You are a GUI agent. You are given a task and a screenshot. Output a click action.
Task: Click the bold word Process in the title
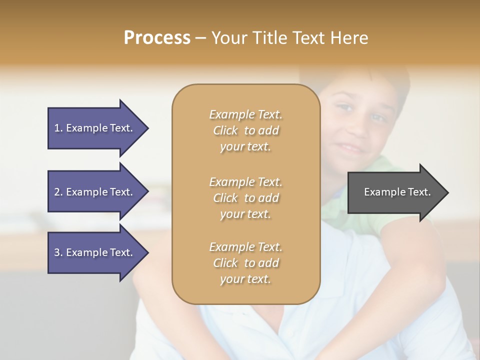point(157,38)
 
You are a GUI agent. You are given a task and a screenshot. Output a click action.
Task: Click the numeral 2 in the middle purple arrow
point(57,192)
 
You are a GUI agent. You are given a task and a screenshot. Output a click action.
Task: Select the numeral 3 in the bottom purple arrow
point(57,252)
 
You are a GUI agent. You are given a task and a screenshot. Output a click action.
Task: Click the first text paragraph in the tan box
point(245,130)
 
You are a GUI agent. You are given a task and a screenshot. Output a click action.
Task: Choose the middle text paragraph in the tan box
point(245,198)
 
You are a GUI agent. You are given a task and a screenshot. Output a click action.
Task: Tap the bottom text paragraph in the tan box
point(245,263)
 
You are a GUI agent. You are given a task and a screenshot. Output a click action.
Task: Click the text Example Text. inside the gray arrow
point(397,192)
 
